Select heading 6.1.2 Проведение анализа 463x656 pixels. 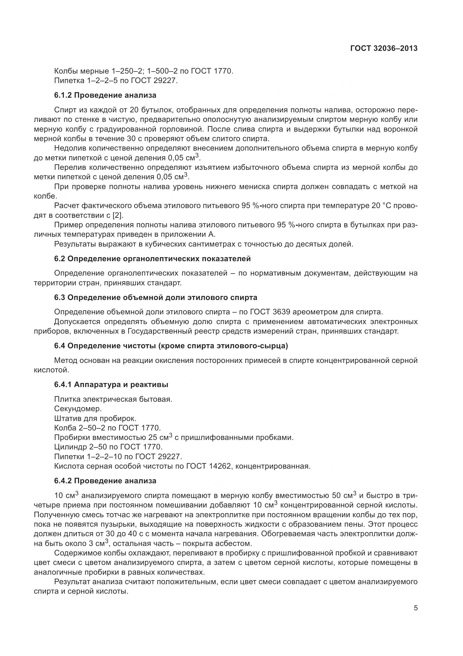click(x=105, y=95)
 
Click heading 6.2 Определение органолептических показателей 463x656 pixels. click(x=152, y=259)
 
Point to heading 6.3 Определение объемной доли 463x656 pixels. click(x=155, y=297)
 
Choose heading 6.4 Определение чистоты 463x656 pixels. click(x=171, y=346)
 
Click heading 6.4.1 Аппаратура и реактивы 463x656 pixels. click(x=111, y=384)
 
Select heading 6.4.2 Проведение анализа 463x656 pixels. click(x=105, y=481)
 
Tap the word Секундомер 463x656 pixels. click(x=78, y=409)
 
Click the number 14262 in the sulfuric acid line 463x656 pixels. click(x=219, y=466)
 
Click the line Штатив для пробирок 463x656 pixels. click(x=95, y=418)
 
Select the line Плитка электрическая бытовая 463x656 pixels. click(x=113, y=399)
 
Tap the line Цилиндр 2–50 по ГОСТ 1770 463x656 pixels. click(x=108, y=447)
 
